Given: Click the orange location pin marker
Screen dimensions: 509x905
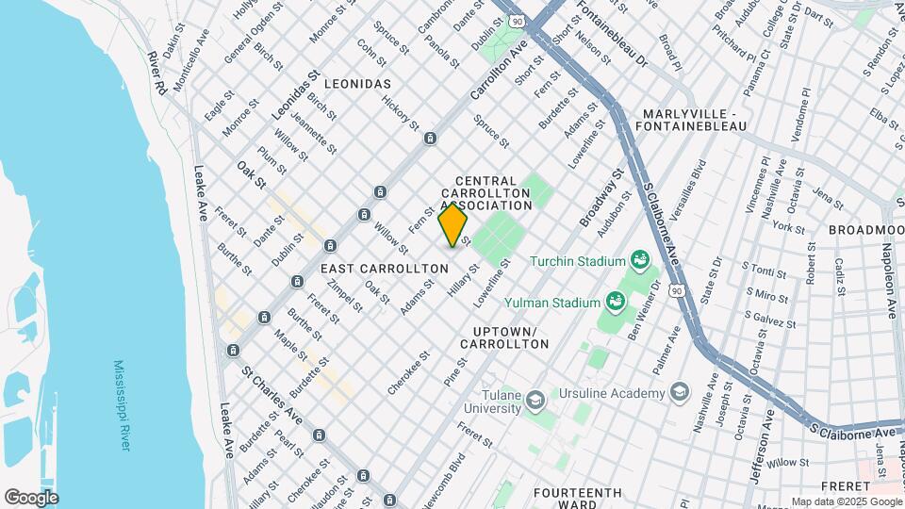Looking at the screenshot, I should point(452,225).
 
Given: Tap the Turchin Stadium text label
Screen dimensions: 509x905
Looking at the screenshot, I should point(577,261).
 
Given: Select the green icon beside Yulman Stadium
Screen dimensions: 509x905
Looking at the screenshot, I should point(617,302).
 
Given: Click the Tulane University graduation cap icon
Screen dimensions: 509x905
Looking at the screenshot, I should point(535,401).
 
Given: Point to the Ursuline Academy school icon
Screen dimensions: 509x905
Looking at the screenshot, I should point(680,392).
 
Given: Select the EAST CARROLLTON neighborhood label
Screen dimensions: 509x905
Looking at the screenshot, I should point(384,269).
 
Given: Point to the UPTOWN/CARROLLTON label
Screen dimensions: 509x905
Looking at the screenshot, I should point(504,338).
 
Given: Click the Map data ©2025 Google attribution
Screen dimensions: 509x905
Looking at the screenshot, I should point(846,501).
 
